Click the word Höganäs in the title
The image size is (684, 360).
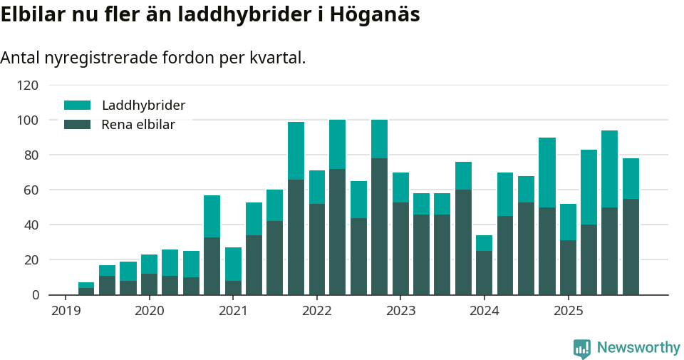(374, 14)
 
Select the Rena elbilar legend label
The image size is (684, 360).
(138, 125)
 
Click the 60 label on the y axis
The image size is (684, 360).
(31, 190)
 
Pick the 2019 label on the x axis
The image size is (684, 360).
(66, 311)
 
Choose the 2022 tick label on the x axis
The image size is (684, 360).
(317, 311)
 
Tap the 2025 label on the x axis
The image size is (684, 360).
(569, 311)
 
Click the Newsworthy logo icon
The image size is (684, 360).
(582, 348)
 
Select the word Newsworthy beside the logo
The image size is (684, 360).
(638, 348)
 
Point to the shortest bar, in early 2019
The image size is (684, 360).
(86, 289)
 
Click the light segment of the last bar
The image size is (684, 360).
(631, 178)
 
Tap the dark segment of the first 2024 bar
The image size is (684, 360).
(484, 273)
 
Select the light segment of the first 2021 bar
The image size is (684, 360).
(233, 264)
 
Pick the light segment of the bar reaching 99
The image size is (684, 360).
(296, 150)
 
